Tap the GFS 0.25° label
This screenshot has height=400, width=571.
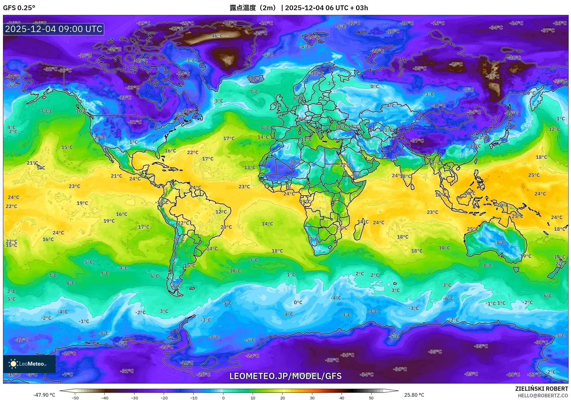tap(19, 8)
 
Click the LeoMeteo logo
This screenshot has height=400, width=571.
tap(29, 364)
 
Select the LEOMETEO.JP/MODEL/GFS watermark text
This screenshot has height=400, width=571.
tap(285, 376)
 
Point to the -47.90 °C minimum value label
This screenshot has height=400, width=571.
tap(44, 395)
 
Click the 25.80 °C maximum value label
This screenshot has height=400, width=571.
tap(414, 395)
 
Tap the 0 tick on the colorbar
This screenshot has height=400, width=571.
tap(223, 398)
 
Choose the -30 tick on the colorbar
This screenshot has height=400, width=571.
tap(134, 398)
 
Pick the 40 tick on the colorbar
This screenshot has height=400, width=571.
tap(342, 398)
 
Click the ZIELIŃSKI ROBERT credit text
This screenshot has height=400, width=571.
tap(541, 389)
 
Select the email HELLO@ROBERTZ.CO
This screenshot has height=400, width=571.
tap(543, 396)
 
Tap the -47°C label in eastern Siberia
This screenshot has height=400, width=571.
tap(493, 77)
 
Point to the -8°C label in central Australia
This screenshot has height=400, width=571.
tap(500, 243)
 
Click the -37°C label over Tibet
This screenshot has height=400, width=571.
tap(417, 141)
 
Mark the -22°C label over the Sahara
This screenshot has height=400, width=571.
tap(295, 162)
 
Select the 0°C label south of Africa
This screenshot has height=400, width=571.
tap(298, 303)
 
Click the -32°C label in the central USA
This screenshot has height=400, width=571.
tap(135, 122)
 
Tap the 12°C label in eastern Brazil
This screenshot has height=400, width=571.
tap(221, 212)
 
